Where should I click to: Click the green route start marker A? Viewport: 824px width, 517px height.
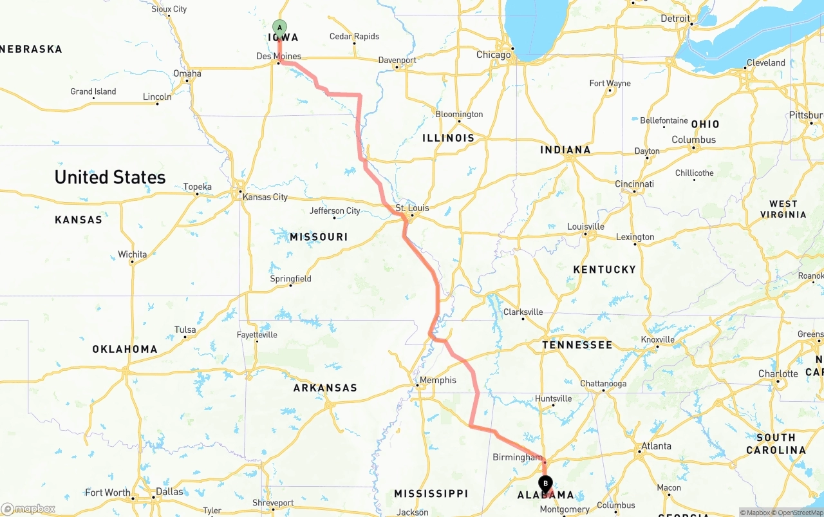[x=279, y=27]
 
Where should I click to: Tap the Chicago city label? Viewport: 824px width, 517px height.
[x=493, y=55]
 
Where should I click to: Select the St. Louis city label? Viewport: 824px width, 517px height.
[x=412, y=208]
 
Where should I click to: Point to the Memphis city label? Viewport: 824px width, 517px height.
[x=438, y=380]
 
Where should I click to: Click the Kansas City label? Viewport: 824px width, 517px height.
[x=265, y=197]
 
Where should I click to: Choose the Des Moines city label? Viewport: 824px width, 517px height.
[x=279, y=56]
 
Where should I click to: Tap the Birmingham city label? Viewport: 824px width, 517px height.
[x=518, y=457]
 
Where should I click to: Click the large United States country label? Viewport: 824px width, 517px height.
[x=110, y=177]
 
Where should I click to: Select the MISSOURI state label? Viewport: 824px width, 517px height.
[x=319, y=237]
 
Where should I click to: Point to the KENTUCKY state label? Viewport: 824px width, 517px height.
[x=604, y=269]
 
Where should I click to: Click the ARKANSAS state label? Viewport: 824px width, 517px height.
[x=325, y=388]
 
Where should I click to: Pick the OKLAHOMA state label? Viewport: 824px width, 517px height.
[x=125, y=349]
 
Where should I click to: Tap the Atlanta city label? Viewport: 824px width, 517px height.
[x=656, y=446]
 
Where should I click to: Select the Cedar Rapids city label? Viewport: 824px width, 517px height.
[x=354, y=37]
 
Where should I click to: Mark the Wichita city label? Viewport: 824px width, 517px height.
[x=132, y=254]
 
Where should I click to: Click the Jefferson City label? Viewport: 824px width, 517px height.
[x=335, y=211]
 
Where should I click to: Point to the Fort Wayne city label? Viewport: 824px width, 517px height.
[x=610, y=83]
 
